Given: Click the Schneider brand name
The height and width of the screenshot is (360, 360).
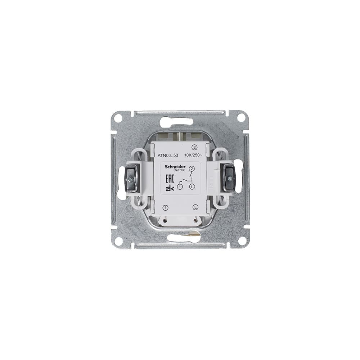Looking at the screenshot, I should click(x=175, y=167).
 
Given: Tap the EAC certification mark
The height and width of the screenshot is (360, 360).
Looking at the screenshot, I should click(x=170, y=179).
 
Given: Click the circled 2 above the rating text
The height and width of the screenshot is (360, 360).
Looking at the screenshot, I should click(x=194, y=147).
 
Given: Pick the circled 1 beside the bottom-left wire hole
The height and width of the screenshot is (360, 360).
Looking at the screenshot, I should click(x=166, y=207).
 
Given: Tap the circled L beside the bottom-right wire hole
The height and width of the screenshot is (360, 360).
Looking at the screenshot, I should click(x=195, y=207).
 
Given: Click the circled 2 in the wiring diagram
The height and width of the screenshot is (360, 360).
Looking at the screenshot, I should click(x=192, y=168).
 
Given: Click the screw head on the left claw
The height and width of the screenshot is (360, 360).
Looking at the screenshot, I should click(x=131, y=178).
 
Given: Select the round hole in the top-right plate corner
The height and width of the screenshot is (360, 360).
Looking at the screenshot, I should click(x=241, y=118).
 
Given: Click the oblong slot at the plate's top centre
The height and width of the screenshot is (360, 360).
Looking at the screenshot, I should click(x=179, y=122).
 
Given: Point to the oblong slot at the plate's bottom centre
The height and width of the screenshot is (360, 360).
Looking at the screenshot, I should click(x=184, y=238).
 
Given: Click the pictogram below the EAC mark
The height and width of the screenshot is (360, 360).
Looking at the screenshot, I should click(x=170, y=188).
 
